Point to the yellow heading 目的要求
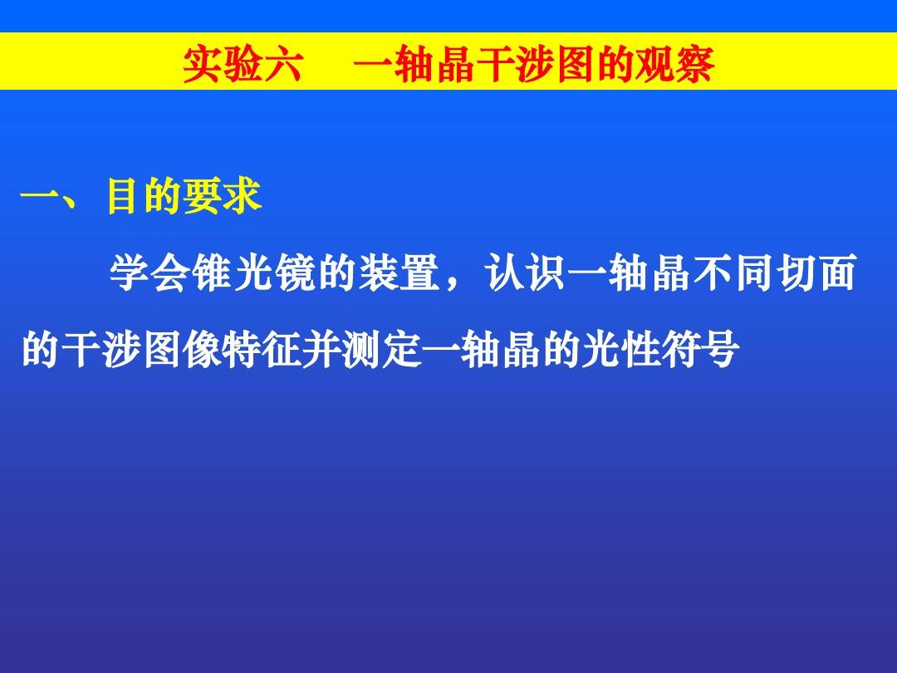(184, 199)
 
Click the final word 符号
(701, 351)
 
